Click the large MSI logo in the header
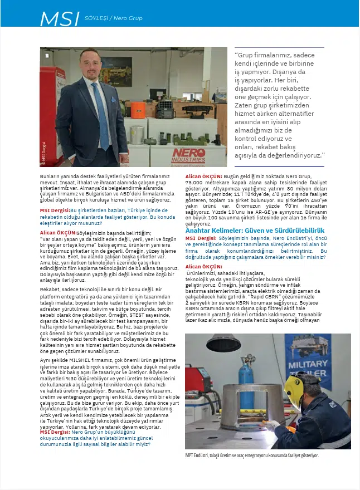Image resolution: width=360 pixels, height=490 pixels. [60, 18]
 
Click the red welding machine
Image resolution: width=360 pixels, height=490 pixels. [198, 379]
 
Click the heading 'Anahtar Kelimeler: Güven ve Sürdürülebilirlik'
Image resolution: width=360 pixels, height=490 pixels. [255, 230]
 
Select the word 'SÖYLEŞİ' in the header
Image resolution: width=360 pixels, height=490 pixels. [96, 18]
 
